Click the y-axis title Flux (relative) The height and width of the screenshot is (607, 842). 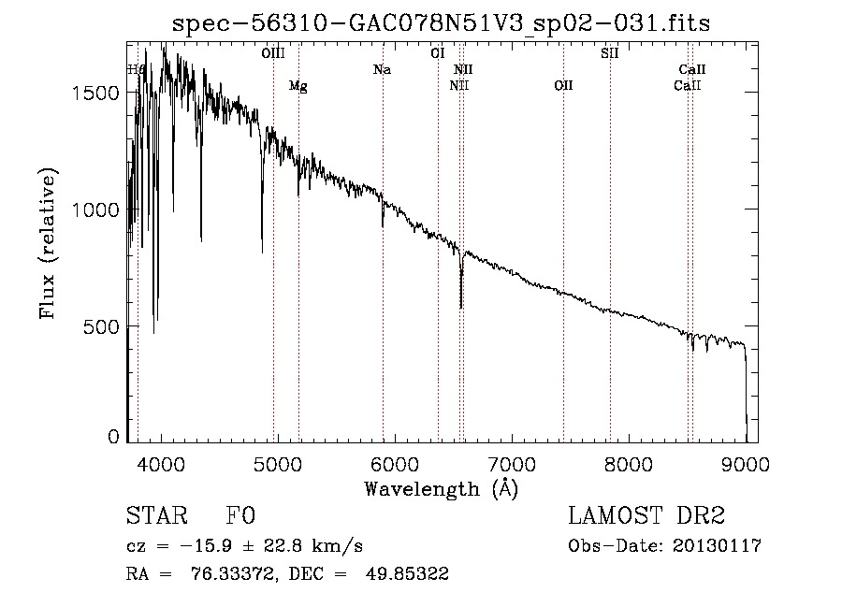47,243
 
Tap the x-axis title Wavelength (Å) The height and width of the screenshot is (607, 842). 441,488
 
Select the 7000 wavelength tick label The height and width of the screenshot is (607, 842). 513,464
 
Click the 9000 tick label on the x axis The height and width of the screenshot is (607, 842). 746,464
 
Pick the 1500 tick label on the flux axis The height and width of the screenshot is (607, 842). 97,93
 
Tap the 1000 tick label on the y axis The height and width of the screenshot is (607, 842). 97,210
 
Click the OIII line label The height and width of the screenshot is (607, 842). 273,54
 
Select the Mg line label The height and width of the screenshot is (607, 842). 298,86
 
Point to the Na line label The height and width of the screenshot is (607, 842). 382,70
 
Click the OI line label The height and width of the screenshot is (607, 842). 437,54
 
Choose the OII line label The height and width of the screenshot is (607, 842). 563,86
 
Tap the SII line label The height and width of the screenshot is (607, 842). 610,54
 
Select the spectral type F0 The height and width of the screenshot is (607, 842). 240,516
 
